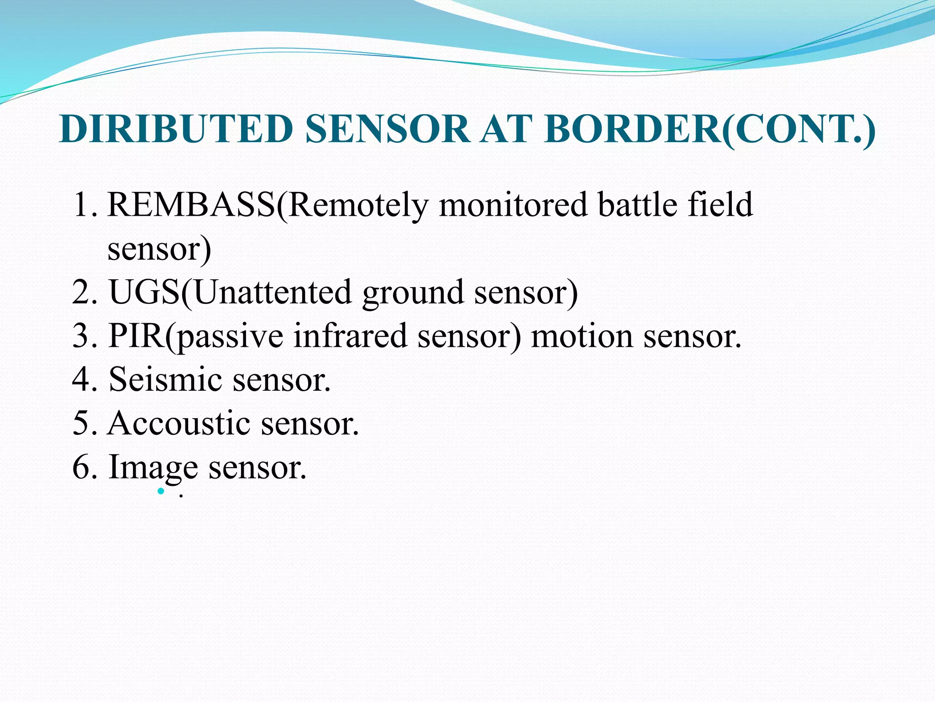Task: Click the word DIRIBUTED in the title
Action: coord(176,129)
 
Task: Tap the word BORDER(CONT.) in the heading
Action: coord(709,129)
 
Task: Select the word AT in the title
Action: coord(507,129)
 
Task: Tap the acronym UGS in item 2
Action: coord(144,292)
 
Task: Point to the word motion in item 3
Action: coord(581,336)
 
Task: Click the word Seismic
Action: coord(165,379)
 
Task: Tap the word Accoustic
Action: coord(179,423)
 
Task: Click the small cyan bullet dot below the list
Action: coord(161,491)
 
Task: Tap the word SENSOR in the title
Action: coord(387,129)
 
